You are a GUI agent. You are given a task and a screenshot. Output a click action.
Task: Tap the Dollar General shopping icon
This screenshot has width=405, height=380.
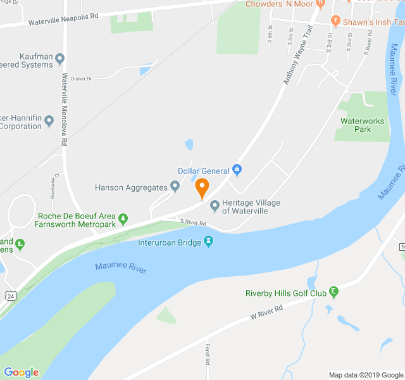(x=237, y=170)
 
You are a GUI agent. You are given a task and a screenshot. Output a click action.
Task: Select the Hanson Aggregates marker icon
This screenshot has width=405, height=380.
(x=175, y=187)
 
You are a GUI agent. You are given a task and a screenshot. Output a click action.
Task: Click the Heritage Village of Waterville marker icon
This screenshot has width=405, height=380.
(x=215, y=205)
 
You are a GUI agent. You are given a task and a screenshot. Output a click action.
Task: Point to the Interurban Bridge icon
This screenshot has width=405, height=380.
(x=208, y=241)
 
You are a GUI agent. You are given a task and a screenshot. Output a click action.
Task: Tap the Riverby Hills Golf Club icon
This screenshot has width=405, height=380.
(x=334, y=292)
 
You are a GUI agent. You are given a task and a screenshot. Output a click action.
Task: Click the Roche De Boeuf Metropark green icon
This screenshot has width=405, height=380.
(x=123, y=219)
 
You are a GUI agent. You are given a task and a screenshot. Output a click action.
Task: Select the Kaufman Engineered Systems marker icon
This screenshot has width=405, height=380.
(x=60, y=60)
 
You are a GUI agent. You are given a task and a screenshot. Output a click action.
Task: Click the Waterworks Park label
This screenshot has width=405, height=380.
(x=355, y=125)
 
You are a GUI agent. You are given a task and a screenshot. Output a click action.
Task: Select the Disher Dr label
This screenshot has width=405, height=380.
(x=82, y=79)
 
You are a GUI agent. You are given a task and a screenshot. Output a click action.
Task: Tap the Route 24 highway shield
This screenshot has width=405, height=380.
(x=10, y=295)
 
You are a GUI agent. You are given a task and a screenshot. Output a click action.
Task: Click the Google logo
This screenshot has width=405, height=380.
(x=20, y=372)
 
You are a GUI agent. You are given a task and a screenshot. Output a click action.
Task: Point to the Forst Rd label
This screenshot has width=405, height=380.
(x=207, y=354)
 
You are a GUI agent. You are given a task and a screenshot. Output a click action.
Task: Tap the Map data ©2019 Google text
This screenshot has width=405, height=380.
(x=366, y=375)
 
